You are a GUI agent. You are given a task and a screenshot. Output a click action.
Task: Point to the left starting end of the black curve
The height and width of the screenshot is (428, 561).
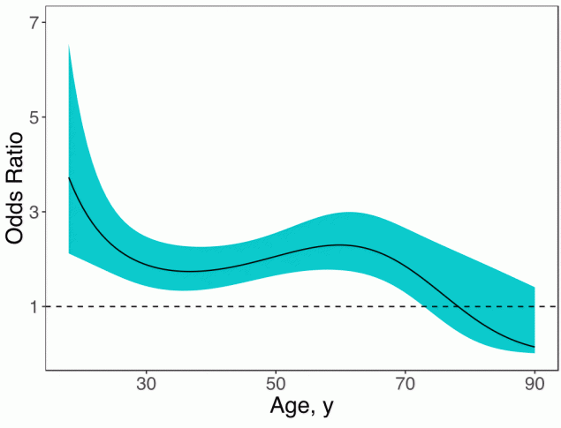tap(69, 177)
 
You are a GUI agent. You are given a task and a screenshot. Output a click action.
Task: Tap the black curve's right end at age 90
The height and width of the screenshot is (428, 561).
tap(534, 347)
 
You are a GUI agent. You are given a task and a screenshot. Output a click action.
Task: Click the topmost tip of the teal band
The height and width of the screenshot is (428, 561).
tap(69, 44)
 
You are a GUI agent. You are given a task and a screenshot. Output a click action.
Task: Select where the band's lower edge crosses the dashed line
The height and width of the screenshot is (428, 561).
tap(425, 306)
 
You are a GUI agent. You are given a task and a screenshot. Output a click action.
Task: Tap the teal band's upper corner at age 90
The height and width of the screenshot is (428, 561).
tap(534, 286)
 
